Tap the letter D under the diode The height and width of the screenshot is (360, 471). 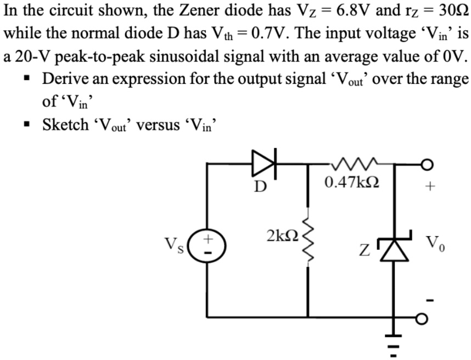point(261,187)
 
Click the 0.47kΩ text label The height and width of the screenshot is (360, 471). point(352,182)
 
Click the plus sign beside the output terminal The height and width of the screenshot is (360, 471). point(430,187)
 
